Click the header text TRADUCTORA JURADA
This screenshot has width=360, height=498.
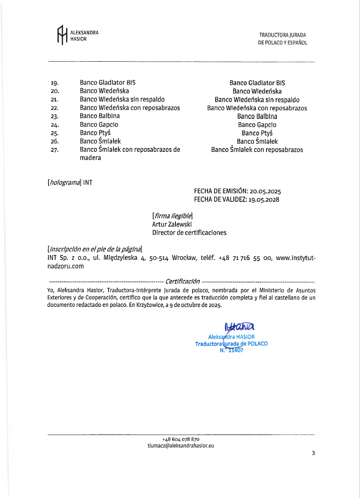282,35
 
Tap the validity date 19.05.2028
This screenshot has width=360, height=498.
264,200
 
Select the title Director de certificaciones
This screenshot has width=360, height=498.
189,232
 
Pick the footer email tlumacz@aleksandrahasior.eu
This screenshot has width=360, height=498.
181,446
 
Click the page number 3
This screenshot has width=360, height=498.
314,453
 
